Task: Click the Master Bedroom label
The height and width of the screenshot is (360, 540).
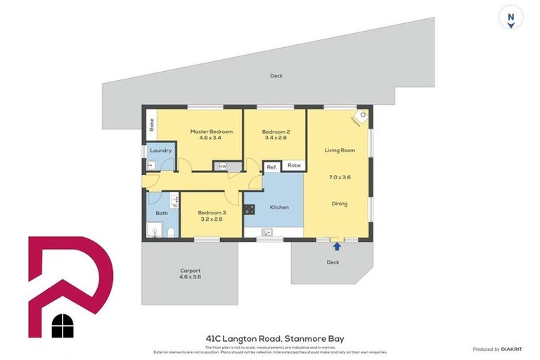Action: click(211, 131)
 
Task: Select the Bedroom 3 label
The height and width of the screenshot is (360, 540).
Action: click(212, 212)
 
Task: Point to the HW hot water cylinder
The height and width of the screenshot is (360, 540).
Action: click(223, 167)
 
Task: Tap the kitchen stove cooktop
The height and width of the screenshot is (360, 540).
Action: click(249, 209)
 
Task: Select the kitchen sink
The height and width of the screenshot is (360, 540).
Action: click(267, 232)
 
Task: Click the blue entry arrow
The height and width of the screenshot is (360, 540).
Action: click(337, 246)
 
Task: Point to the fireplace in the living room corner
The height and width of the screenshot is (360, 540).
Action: click(361, 117)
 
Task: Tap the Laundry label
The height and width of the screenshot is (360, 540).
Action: click(160, 150)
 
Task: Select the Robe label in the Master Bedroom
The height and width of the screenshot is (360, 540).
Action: click(150, 125)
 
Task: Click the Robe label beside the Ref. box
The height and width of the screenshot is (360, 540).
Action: click(294, 166)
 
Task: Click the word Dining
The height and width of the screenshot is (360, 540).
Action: click(339, 204)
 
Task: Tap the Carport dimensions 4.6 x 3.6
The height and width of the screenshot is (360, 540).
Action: click(190, 277)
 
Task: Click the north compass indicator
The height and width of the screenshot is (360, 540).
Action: click(511, 18)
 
